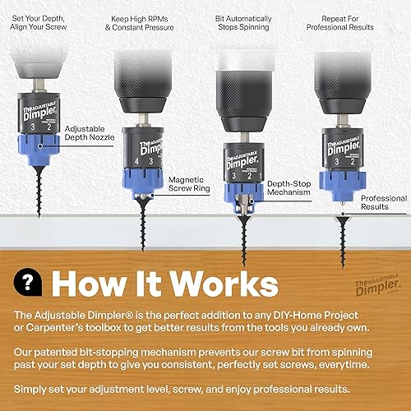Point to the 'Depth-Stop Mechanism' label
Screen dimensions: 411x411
pos(290,188)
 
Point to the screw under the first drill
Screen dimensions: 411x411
pos(36,190)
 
